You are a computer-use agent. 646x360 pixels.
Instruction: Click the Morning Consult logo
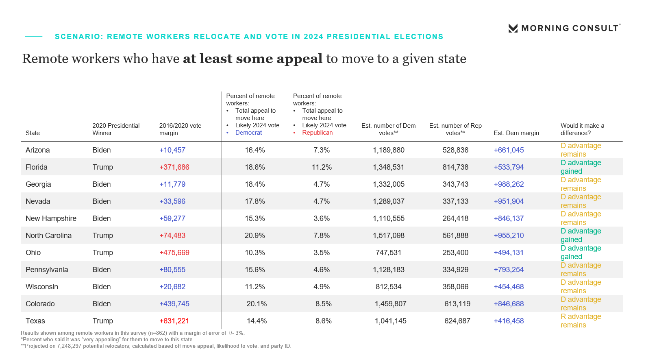pos(564,28)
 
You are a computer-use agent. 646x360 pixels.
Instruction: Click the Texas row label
pos(35,321)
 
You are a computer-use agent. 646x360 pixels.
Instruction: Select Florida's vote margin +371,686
pos(174,167)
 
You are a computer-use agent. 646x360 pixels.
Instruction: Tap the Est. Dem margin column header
pos(516,133)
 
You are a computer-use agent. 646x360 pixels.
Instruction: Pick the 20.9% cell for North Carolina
pos(255,236)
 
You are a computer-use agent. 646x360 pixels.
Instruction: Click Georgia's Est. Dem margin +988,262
pos(509,184)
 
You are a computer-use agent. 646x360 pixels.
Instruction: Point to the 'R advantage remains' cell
pos(581,321)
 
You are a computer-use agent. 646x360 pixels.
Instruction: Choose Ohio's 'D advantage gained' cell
pos(581,252)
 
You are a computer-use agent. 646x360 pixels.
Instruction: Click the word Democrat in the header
pos(248,133)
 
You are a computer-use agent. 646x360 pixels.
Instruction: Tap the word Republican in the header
pos(317,133)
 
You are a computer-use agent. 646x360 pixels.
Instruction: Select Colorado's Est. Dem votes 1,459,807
pos(390,304)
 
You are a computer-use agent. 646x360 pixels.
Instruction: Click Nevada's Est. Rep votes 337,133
pos(455,201)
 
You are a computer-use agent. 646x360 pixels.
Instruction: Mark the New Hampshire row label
pos(51,218)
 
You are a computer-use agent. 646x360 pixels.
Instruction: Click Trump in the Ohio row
pos(103,253)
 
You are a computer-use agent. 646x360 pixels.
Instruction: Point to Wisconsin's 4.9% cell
pos(322,287)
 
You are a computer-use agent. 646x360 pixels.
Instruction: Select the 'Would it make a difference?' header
pos(582,129)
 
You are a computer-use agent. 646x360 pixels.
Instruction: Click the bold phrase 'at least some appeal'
pos(252,59)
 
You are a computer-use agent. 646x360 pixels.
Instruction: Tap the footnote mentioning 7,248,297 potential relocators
pos(156,346)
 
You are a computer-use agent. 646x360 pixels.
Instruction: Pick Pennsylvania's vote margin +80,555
pos(172,270)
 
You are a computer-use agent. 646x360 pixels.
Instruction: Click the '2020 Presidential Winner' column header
pos(116,129)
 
